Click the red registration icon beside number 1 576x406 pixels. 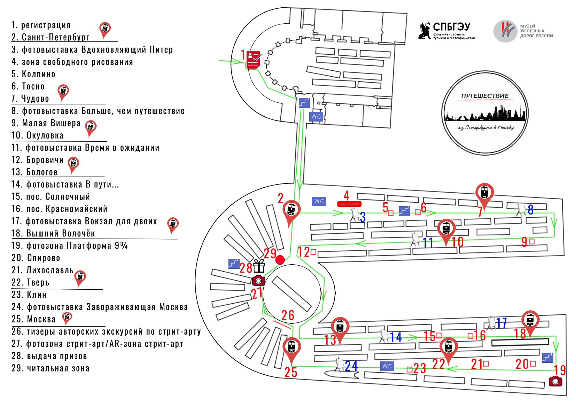[x=254, y=59]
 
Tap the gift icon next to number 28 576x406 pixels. [x=259, y=266]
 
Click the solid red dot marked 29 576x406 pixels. [x=280, y=260]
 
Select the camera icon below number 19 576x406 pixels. [x=555, y=381]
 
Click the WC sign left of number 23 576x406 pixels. [x=387, y=366]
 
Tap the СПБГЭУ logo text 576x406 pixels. [x=451, y=27]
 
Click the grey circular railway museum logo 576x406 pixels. [x=505, y=31]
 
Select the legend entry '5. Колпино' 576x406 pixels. [x=33, y=74]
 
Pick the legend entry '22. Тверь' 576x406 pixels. [x=30, y=282]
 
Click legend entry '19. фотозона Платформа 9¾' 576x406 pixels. [x=70, y=246]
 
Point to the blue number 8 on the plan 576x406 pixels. [x=530, y=210]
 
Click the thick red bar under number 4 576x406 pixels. [x=349, y=204]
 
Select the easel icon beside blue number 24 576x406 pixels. [x=339, y=365]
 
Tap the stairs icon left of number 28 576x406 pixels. [x=234, y=264]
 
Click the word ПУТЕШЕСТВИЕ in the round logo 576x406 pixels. [x=485, y=96]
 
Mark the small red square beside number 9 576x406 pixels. [x=531, y=241]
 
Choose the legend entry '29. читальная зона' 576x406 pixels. [x=50, y=368]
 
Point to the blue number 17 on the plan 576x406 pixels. [x=501, y=323]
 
